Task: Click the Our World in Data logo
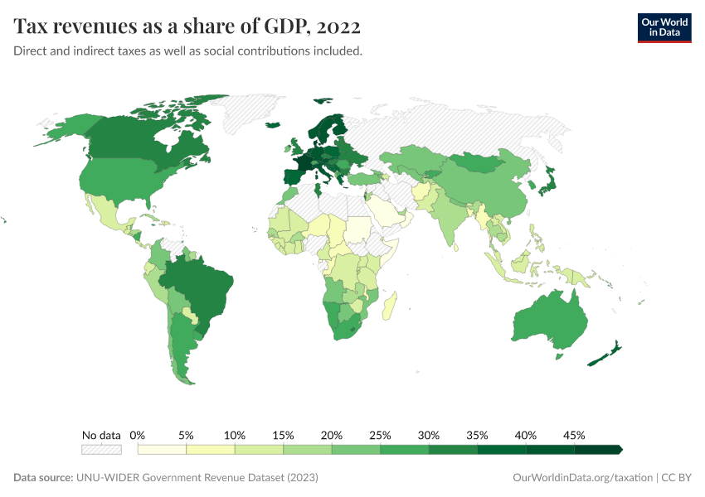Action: [x=664, y=27]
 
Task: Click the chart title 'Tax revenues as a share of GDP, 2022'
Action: [x=187, y=27]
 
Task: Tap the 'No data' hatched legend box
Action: [x=101, y=450]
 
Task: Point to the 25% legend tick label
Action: [x=380, y=435]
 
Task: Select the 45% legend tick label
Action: [x=574, y=435]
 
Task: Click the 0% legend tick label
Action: [x=138, y=435]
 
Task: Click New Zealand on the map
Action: [x=604, y=355]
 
